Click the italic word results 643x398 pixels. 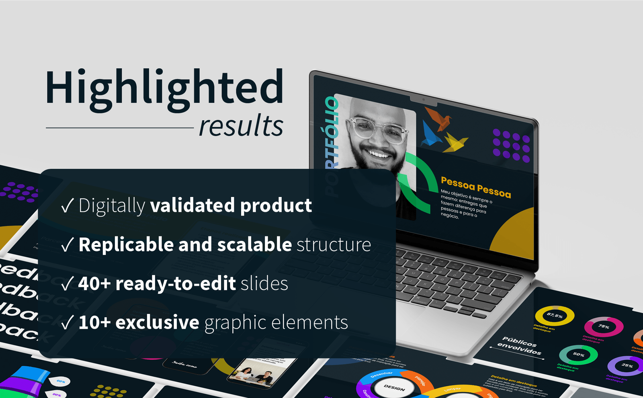241,126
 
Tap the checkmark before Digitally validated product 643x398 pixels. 68,205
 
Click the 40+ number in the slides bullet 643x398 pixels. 94,283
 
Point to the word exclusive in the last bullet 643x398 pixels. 157,322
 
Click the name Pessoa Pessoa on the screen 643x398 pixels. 476,187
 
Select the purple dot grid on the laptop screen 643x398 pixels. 511,145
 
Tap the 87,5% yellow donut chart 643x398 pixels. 555,316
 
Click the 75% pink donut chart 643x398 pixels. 604,327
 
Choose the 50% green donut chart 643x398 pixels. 578,355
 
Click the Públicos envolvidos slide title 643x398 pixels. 519,346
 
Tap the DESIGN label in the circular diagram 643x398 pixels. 394,388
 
